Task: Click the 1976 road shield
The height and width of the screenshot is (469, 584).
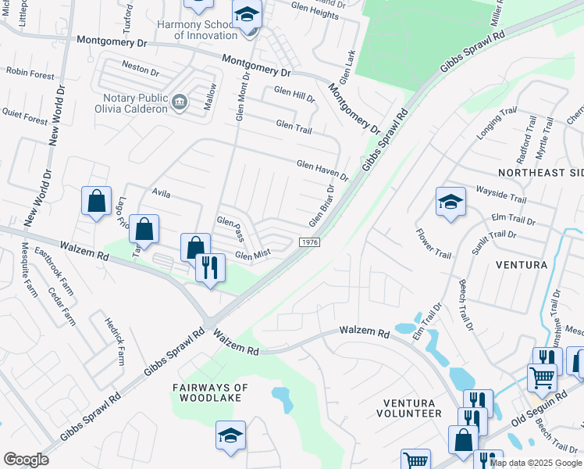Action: pos(308,243)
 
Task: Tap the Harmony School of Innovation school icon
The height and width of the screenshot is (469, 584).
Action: pos(247,15)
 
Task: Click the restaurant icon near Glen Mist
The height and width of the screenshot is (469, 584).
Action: pos(210,267)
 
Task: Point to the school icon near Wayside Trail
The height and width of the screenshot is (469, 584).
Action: pos(451,202)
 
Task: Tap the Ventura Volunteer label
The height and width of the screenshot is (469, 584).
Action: pos(412,407)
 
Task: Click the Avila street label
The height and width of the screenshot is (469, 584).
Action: pos(161,192)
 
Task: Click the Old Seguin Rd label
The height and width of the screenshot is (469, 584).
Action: pos(539,408)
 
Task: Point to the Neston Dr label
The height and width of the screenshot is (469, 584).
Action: pos(141,69)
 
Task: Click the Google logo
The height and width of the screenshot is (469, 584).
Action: pos(26,460)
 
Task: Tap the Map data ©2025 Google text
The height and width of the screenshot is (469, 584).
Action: pos(535,463)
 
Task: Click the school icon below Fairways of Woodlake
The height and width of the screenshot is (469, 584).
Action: pos(231,435)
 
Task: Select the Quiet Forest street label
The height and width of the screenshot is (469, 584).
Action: pos(25,115)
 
